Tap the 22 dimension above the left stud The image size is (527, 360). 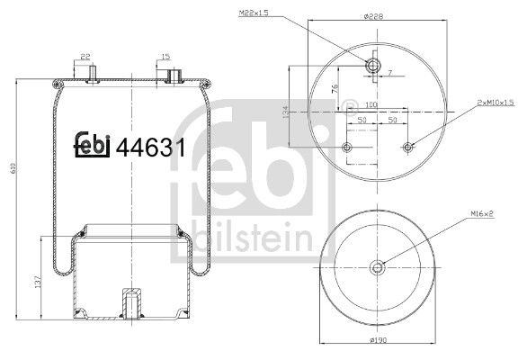(86, 58)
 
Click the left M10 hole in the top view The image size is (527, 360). (347, 147)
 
